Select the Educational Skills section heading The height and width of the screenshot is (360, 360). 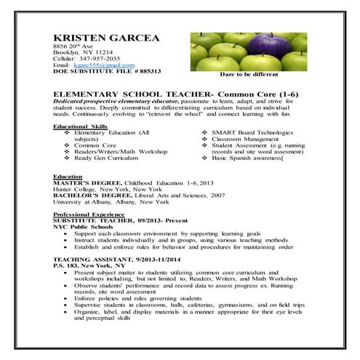[79, 127]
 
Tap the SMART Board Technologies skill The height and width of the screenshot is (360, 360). [252, 133]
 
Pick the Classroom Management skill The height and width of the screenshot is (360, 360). [247, 139]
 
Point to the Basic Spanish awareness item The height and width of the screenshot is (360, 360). [246, 157]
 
